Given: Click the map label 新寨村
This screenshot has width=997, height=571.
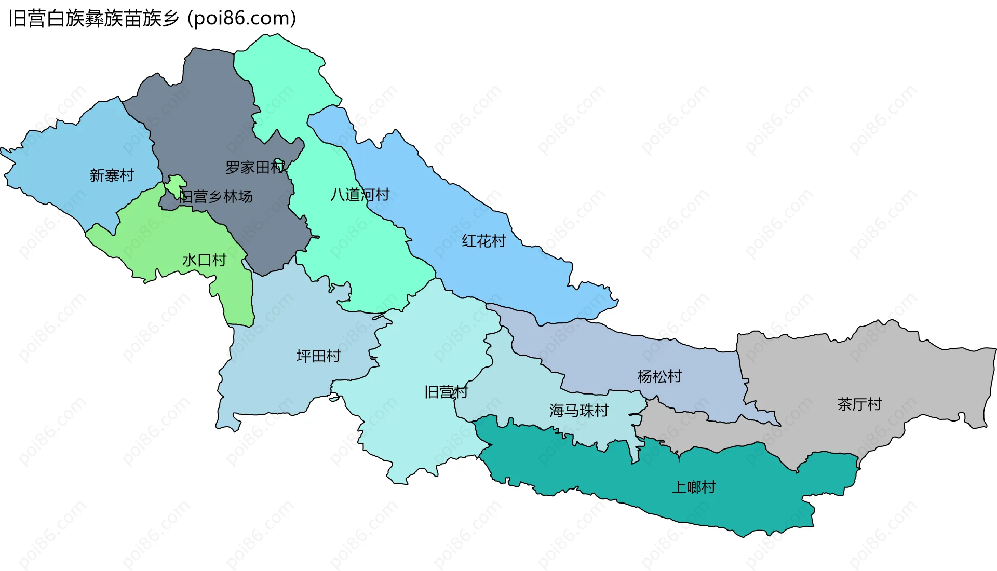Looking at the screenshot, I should [112, 175].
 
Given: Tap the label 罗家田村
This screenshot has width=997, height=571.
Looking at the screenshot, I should [255, 167].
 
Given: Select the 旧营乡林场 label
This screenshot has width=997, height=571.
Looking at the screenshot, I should [216, 196].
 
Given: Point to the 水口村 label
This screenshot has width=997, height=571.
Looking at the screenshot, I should [204, 260].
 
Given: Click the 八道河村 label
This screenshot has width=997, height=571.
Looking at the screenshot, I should [360, 195].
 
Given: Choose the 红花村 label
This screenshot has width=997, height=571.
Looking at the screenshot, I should [483, 241].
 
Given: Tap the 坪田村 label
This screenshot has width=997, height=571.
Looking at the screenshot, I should [318, 356].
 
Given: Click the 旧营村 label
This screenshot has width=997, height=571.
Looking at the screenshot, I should [446, 392].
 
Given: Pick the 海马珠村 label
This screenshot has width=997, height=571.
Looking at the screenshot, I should [578, 411].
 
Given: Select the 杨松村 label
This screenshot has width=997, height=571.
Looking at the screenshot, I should [659, 376].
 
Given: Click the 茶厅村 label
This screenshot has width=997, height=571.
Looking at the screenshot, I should [859, 404].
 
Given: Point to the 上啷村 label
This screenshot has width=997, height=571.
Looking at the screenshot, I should [694, 487].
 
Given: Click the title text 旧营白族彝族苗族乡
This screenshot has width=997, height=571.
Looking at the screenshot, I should [93, 19].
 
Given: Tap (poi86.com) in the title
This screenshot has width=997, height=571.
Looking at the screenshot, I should [242, 19].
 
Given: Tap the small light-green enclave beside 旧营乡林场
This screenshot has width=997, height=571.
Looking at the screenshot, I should [176, 183].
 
